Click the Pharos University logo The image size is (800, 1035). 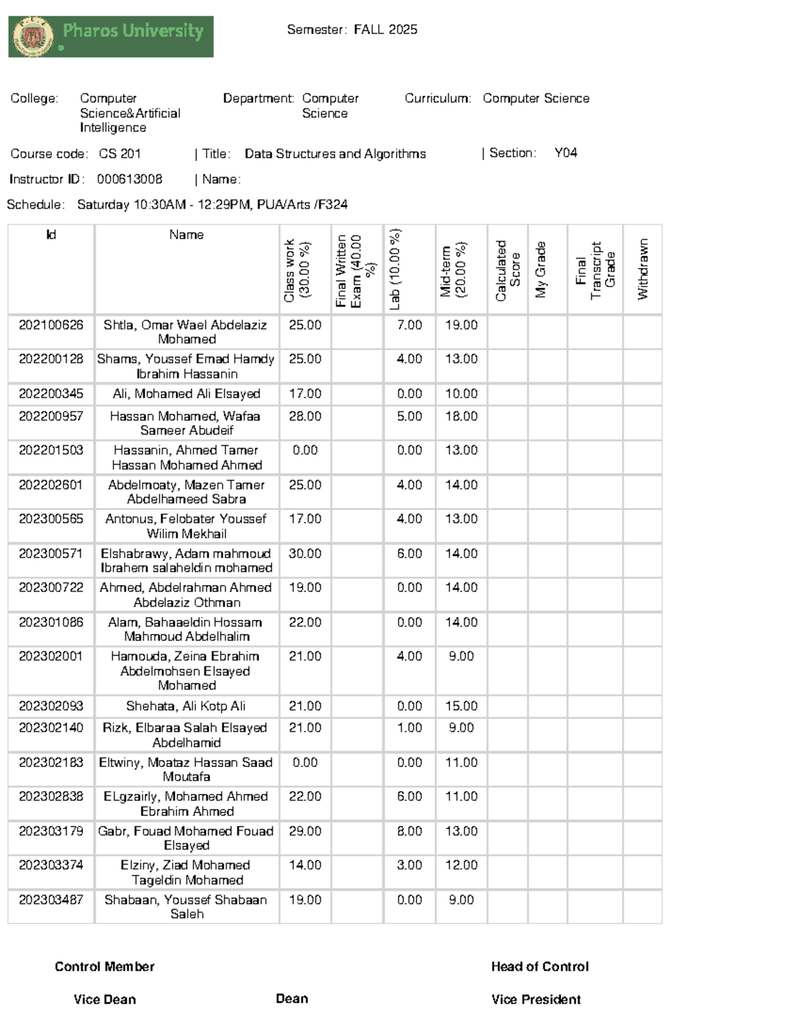coord(111,37)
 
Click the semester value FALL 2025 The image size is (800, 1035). coord(385,29)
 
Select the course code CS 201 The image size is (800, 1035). coord(120,154)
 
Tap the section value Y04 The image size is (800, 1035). coord(565,153)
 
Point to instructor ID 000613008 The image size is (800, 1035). coord(129,179)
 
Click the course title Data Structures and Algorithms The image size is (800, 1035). coord(335,154)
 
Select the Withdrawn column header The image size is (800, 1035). coord(642,269)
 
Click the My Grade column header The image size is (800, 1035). coord(541,269)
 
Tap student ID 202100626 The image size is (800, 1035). coord(51,325)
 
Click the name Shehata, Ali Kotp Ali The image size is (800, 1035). coord(186,706)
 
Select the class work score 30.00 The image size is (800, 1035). coord(305,554)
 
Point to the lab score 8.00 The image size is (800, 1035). coord(409,831)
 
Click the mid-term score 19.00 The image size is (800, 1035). coord(461,325)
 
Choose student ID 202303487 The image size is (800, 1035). coord(51,900)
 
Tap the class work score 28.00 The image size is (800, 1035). coord(305,417)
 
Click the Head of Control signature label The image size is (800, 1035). coord(540,967)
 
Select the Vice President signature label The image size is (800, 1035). coord(536,1000)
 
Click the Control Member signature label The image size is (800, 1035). coord(105,967)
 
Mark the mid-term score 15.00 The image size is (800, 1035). coord(461,706)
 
